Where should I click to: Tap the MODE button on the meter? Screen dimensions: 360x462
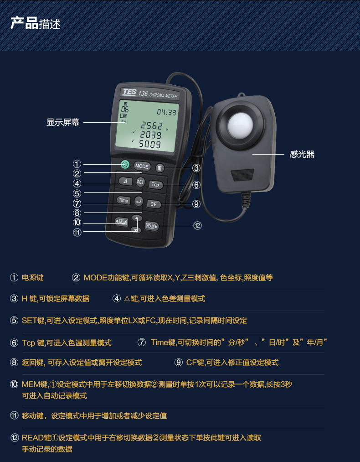142,166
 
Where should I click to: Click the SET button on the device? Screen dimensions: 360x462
140,182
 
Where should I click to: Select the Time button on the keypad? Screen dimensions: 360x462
123,200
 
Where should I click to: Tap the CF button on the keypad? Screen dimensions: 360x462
154,204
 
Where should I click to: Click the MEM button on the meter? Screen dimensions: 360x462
121,222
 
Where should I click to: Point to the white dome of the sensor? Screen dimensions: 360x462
241,126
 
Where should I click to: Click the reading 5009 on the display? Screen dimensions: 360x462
150,144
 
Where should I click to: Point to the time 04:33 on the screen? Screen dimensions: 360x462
167,112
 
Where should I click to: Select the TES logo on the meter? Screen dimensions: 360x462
129,92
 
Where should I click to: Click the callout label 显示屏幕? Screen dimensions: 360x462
63,122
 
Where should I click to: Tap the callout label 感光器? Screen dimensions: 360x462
302,154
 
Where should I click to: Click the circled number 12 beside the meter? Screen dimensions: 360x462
197,226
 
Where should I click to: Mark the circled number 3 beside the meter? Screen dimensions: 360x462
196,168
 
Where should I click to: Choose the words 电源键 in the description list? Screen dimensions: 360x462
32,278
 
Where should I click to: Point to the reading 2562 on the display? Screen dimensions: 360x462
152,126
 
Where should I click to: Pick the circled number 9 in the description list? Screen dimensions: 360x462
178,363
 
